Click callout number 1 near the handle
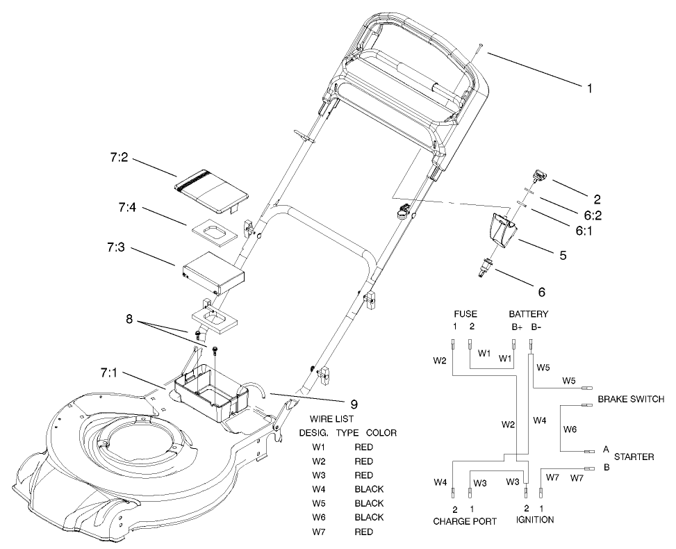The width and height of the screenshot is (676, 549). click(x=590, y=88)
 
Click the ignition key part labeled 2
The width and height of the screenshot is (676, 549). click(x=538, y=177)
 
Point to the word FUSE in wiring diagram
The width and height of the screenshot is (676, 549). click(x=465, y=314)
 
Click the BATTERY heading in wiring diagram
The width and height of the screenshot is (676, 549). click(x=529, y=314)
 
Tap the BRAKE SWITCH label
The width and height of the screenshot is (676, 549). click(x=631, y=400)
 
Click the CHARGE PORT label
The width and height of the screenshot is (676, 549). click(x=465, y=521)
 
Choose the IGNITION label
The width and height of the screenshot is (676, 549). click(x=534, y=520)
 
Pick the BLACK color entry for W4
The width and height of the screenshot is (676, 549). click(x=369, y=489)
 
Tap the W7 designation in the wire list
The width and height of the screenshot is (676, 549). click(x=320, y=532)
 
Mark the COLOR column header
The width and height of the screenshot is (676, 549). click(x=381, y=433)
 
